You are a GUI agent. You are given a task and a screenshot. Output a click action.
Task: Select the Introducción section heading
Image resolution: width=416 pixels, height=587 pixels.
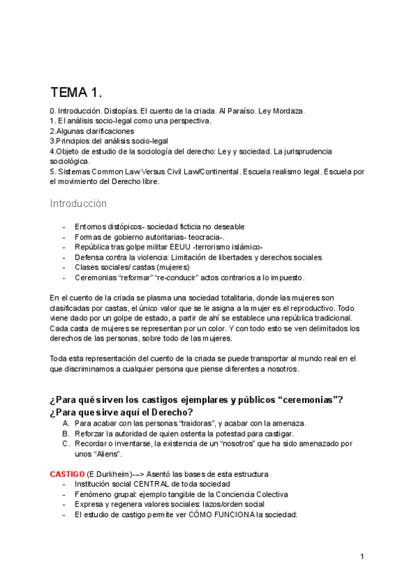tap(78, 204)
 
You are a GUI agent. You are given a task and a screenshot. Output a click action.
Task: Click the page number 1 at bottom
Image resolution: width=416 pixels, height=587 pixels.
tap(362, 557)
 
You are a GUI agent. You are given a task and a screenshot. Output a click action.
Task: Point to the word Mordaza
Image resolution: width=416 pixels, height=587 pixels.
tap(286, 111)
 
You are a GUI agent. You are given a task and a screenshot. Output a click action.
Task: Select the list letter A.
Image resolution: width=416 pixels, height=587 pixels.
tap(66, 423)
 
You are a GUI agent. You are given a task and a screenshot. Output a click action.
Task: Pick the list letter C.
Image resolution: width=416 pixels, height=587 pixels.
tap(66, 444)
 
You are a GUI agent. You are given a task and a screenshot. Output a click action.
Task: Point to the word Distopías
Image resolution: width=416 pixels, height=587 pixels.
tap(121, 111)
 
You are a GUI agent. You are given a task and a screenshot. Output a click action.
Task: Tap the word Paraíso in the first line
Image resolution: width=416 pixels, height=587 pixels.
tap(243, 111)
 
